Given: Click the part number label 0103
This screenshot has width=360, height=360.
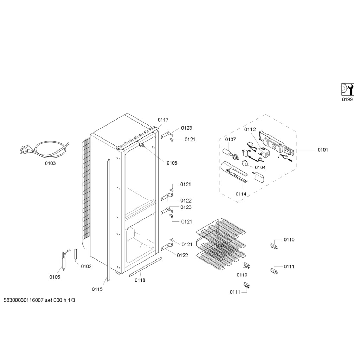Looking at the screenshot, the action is pos(50,163).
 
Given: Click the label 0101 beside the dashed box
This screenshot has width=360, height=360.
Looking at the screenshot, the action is pos(323,150).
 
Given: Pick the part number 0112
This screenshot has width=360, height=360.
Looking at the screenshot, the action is pos(250,129).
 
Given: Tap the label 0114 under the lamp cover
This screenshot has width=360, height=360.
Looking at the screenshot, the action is pos(241,194).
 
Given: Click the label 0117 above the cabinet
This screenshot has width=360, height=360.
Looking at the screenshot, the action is pos(163,120).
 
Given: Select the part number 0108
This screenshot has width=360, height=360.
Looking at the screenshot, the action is pos(172,163).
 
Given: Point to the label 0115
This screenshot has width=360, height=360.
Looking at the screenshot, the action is pos(97,289).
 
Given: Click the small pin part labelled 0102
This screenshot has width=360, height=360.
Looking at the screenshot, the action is pos(76,255).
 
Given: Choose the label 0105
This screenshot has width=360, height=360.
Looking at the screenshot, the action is pos(54,277).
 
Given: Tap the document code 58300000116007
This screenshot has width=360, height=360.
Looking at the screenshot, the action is pos(24,300).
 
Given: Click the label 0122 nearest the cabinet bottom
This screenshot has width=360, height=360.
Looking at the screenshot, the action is pos(182,255).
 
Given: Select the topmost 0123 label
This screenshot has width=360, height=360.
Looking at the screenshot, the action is pos(186,128).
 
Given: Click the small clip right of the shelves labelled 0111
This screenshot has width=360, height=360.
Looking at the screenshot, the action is pos(274,271).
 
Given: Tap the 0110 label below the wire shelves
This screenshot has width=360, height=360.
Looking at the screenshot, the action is pos(242,275).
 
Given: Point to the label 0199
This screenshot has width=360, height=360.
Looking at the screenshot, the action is pos(347,99).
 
